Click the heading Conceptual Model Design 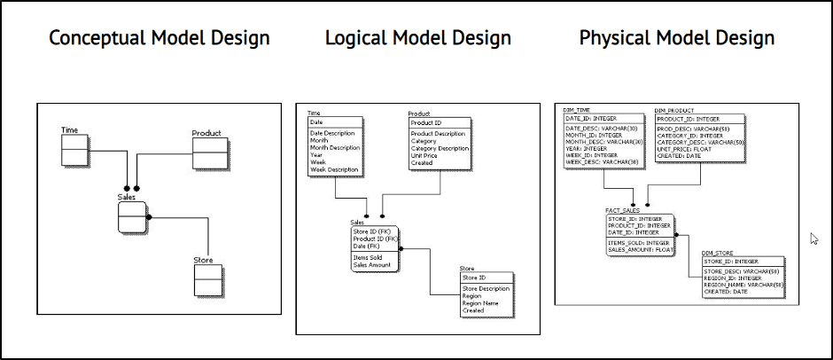(x=159, y=38)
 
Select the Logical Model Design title (x=418, y=38)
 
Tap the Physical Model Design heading (x=677, y=38)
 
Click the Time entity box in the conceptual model (x=74, y=150)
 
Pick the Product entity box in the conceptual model (x=206, y=153)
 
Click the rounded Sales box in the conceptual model (x=130, y=216)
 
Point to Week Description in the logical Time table (x=335, y=169)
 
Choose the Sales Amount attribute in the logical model (x=372, y=265)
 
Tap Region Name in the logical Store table (x=480, y=303)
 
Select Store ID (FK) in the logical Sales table (x=375, y=232)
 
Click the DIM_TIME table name (x=579, y=110)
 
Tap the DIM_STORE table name (x=720, y=253)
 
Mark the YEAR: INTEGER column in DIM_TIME (x=589, y=148)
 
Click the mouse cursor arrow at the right (x=814, y=238)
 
